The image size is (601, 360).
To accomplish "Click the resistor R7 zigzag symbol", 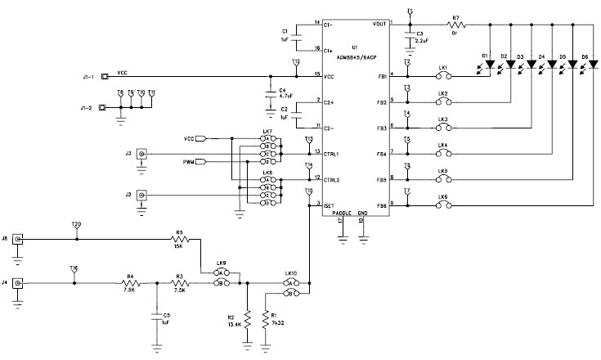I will tap(456, 25).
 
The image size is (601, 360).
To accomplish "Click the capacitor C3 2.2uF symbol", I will tap(409, 35).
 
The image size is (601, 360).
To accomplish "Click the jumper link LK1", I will tap(442, 76).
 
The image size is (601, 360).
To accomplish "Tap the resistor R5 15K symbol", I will tap(179, 239).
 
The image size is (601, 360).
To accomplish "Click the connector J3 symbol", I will tap(142, 154).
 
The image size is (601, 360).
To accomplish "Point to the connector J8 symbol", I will tap(17, 239).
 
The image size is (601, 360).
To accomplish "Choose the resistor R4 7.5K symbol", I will tap(132, 283).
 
